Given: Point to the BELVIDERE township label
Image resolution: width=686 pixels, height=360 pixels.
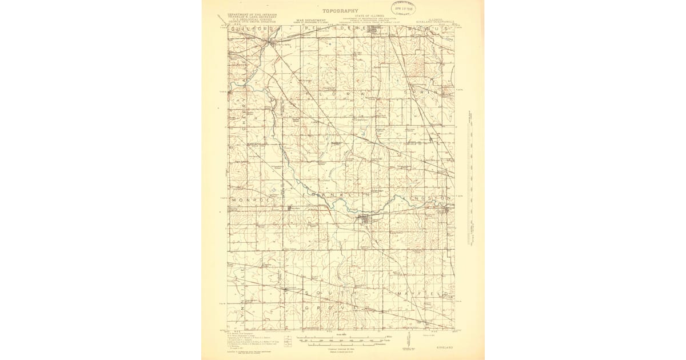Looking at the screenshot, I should pos(342,27).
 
